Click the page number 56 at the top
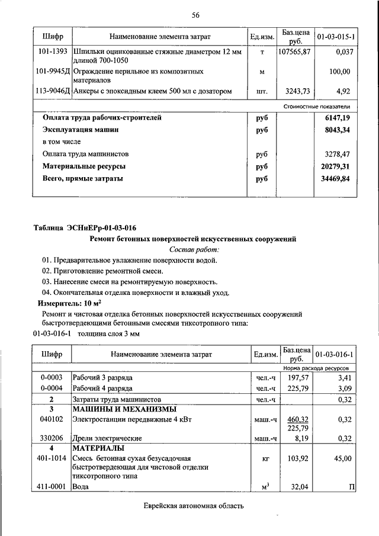(x=195, y=15)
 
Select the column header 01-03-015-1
(x=336, y=37)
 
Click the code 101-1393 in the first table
(x=52, y=52)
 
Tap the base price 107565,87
(x=294, y=52)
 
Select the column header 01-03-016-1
(x=335, y=354)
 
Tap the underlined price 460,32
(x=298, y=419)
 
